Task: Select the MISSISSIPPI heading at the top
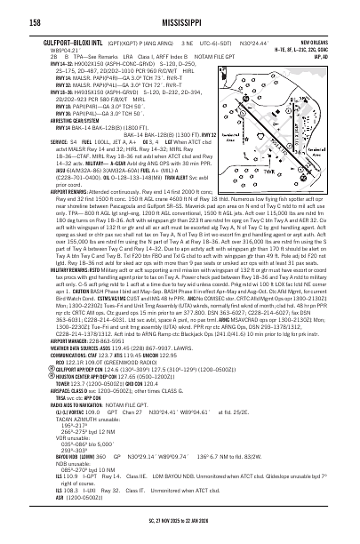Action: click(180, 15)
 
